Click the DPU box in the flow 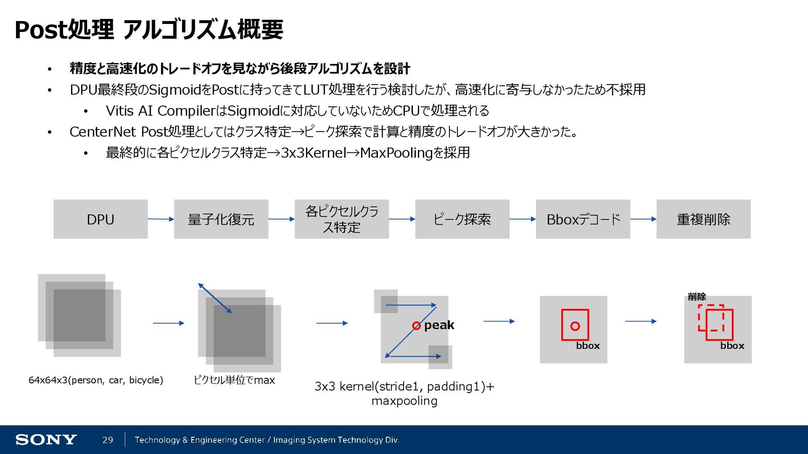(x=100, y=219)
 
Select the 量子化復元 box (x=221, y=219)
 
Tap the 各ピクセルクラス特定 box (x=341, y=219)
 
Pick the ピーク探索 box (x=462, y=219)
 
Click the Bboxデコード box (x=583, y=219)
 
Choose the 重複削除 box (x=703, y=219)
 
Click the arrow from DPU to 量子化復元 (x=161, y=219)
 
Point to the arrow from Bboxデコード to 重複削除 (x=643, y=219)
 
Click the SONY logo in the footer (x=46, y=440)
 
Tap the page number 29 (x=108, y=440)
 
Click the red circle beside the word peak (x=416, y=326)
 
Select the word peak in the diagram (x=439, y=325)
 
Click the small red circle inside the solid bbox (x=575, y=326)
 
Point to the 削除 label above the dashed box (x=697, y=297)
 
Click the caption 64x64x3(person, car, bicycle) (x=96, y=380)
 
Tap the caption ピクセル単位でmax (x=234, y=380)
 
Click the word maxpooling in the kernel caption (x=404, y=401)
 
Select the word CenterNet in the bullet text (x=103, y=132)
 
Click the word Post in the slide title (x=41, y=30)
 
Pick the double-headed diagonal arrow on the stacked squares (x=215, y=298)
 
